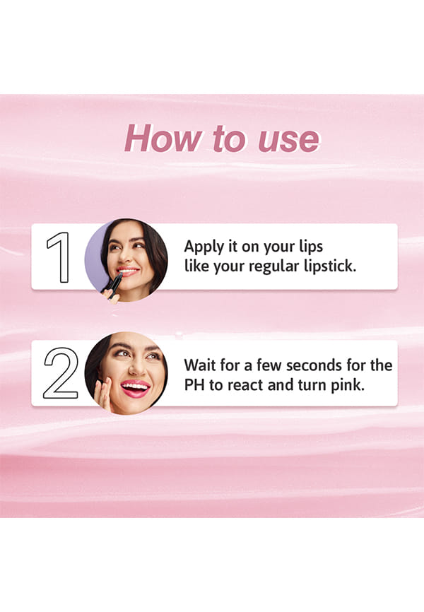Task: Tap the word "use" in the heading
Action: pyautogui.click(x=288, y=140)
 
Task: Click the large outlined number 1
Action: pyautogui.click(x=59, y=257)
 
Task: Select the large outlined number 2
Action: pyautogui.click(x=61, y=373)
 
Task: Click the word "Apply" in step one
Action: pyautogui.click(x=204, y=247)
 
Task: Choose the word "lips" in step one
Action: pyautogui.click(x=311, y=247)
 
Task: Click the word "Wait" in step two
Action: pyautogui.click(x=199, y=365)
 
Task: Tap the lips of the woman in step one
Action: pyautogui.click(x=127, y=271)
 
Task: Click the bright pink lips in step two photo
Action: pyautogui.click(x=135, y=388)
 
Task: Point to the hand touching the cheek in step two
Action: pyautogui.click(x=104, y=394)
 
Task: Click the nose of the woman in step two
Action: pyautogui.click(x=136, y=367)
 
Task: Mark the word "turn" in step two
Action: pyautogui.click(x=312, y=385)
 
